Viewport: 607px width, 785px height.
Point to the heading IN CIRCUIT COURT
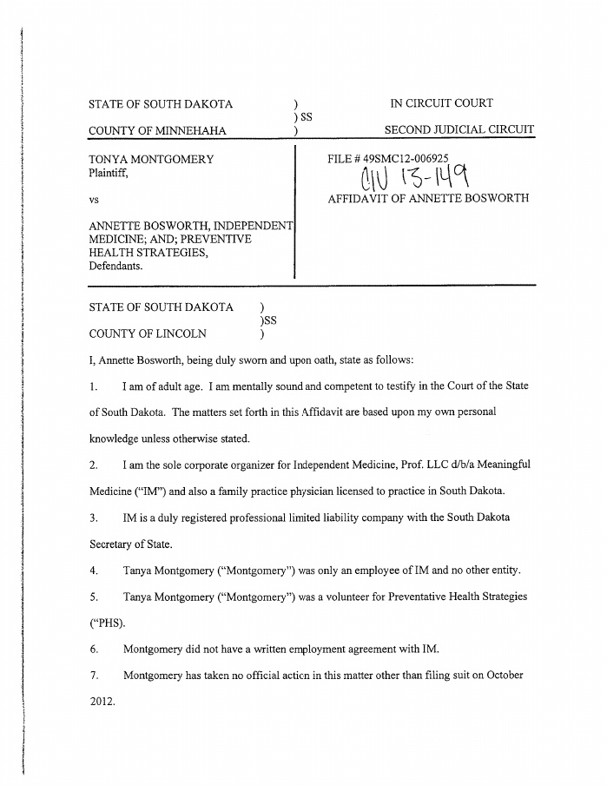441,103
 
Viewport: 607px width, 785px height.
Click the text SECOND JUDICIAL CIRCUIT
459,131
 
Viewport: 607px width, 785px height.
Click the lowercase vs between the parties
94,200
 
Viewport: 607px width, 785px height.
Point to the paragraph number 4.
93,571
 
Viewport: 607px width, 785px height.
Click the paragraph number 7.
93,675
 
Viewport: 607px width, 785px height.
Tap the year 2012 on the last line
102,701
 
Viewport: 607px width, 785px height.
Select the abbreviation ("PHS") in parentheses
107,623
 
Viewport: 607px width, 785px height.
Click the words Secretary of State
130,544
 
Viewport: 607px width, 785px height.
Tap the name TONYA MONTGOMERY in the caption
151,160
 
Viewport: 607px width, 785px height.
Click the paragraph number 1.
93,386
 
